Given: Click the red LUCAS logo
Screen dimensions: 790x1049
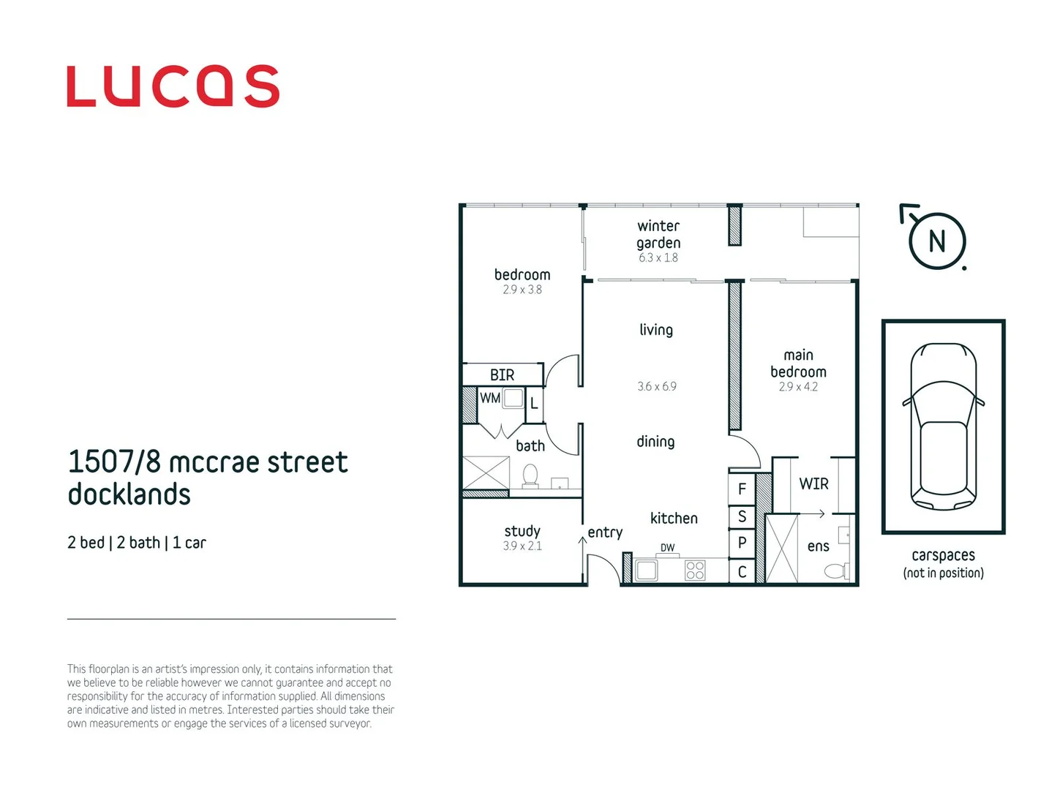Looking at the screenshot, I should pyautogui.click(x=173, y=86).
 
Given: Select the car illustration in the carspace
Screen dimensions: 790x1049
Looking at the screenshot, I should pyautogui.click(x=943, y=426).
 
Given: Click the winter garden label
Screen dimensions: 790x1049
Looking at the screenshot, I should pyautogui.click(x=658, y=235).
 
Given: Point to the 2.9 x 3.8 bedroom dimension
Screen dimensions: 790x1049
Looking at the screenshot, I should pyautogui.click(x=522, y=290).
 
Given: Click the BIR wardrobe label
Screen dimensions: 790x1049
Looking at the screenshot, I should pyautogui.click(x=502, y=375).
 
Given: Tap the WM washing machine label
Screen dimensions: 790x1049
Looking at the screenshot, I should pyautogui.click(x=489, y=398).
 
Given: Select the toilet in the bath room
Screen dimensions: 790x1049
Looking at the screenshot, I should pyautogui.click(x=530, y=476).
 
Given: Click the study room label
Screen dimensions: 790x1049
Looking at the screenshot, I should pyautogui.click(x=522, y=531).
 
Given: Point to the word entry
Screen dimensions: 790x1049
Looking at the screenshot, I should pyautogui.click(x=605, y=533).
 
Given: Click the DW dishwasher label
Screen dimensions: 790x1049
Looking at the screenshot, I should pyautogui.click(x=667, y=547).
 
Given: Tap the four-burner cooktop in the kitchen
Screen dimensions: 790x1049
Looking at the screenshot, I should pyautogui.click(x=694, y=570).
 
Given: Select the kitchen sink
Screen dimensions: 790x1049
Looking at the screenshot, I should pyautogui.click(x=646, y=570).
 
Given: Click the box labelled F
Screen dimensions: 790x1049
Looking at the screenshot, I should pyautogui.click(x=742, y=489).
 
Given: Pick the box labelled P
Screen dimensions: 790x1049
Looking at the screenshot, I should pyautogui.click(x=742, y=543).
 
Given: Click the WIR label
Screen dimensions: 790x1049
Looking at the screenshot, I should pyautogui.click(x=813, y=484).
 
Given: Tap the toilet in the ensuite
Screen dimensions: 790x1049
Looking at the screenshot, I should pyautogui.click(x=838, y=570).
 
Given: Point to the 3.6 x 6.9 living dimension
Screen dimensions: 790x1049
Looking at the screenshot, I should pyautogui.click(x=656, y=386).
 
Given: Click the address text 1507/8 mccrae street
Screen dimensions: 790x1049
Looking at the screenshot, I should pyautogui.click(x=208, y=462).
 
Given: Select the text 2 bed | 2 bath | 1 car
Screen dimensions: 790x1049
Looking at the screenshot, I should pyautogui.click(x=137, y=543).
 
